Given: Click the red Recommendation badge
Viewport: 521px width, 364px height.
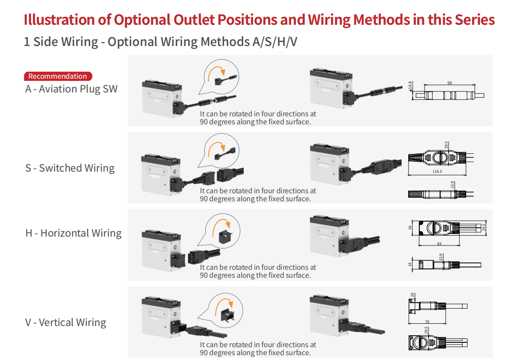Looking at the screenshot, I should (x=58, y=76).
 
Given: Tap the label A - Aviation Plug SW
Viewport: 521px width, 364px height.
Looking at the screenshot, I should (x=71, y=89).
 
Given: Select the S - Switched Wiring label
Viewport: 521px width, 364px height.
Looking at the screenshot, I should (x=70, y=168).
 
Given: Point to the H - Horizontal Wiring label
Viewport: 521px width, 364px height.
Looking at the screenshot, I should (x=73, y=233).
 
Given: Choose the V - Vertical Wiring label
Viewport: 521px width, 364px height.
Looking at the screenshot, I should (x=65, y=322).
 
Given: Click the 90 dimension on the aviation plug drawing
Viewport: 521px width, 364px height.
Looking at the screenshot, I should (x=450, y=83).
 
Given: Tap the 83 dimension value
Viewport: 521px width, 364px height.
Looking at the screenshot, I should (x=439, y=244).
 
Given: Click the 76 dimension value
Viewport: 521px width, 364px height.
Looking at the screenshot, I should (x=427, y=322).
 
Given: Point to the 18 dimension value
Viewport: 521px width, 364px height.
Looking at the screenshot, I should (x=410, y=264).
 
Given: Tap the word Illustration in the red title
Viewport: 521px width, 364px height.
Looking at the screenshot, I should (x=59, y=20).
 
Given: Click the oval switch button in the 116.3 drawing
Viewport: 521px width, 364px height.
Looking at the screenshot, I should (x=437, y=157).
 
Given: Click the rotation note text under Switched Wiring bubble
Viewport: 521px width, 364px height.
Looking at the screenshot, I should (x=258, y=195).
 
